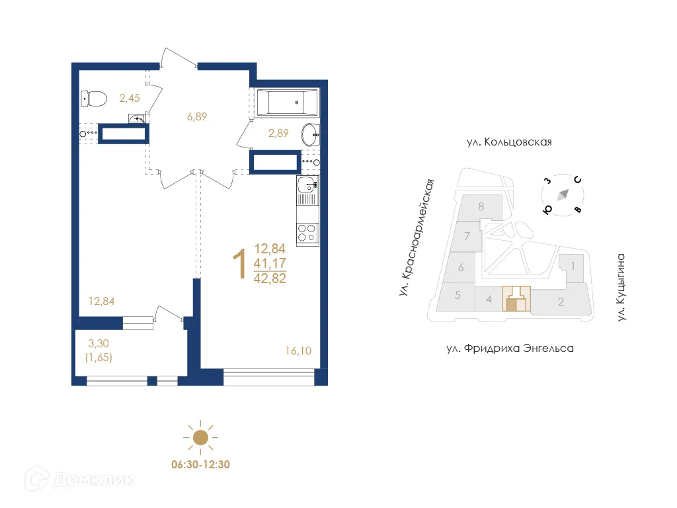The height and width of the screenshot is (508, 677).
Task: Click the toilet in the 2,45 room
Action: pyautogui.click(x=94, y=99)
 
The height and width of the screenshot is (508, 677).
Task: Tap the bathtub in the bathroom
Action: pyautogui.click(x=287, y=103)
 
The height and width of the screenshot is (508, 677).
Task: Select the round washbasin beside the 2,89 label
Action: pyautogui.click(x=310, y=135)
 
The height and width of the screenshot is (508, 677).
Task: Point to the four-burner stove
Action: pyautogui.click(x=307, y=233)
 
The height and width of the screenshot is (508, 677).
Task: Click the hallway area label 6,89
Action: pyautogui.click(x=197, y=117)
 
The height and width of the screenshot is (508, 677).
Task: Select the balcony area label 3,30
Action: pyautogui.click(x=99, y=343)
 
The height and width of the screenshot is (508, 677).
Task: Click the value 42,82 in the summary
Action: pyautogui.click(x=270, y=278)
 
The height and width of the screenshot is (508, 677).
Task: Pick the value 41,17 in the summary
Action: pyautogui.click(x=270, y=264)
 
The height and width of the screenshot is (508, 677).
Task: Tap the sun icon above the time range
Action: pyautogui.click(x=200, y=437)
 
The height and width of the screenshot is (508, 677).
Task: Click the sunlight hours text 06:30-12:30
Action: pyautogui.click(x=200, y=465)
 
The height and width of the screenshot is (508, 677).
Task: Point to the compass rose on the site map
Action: pyautogui.click(x=563, y=194)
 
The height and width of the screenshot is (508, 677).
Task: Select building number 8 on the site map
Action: pyautogui.click(x=481, y=206)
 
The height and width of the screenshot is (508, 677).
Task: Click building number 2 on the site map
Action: pyautogui.click(x=561, y=304)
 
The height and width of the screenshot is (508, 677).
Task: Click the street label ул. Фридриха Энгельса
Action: pyautogui.click(x=510, y=348)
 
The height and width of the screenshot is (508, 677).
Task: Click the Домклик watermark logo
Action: pyautogui.click(x=70, y=479)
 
